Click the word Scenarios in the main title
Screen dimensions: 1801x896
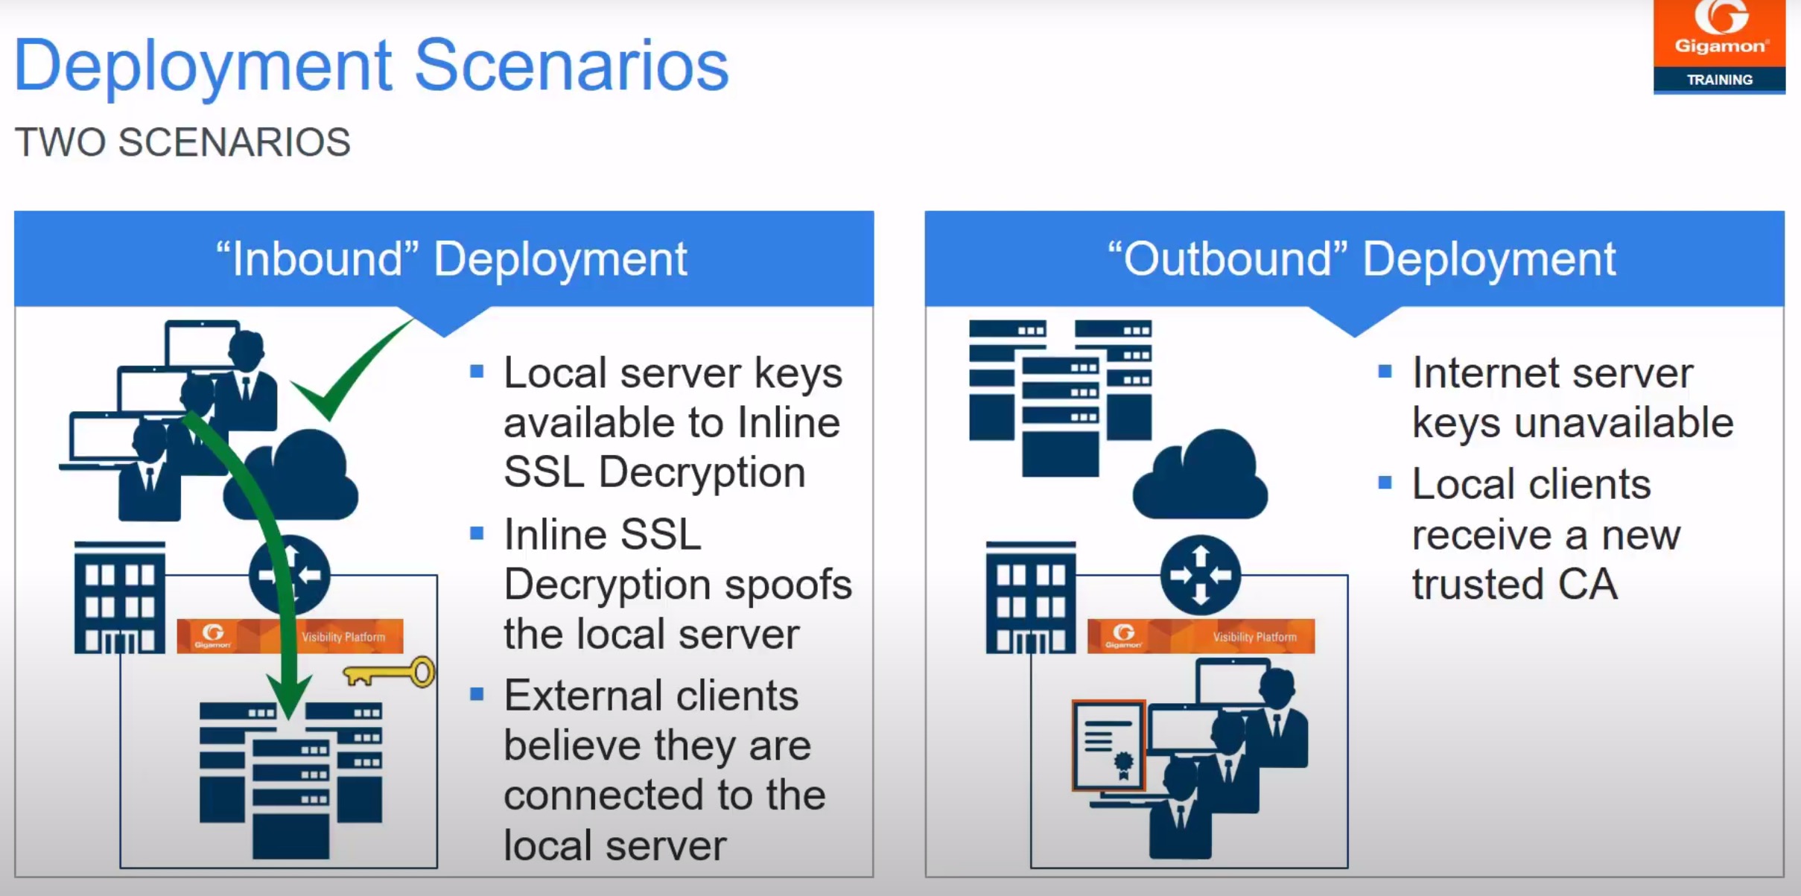(x=571, y=66)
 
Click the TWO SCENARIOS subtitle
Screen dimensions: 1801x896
(x=182, y=142)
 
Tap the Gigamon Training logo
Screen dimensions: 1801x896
(x=1718, y=46)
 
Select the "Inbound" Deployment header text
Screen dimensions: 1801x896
(x=451, y=259)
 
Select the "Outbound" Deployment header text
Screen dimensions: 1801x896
(x=1361, y=259)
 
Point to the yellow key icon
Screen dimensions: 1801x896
(x=390, y=673)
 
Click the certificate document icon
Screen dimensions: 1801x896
(x=1108, y=745)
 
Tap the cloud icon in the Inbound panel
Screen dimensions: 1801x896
(x=298, y=477)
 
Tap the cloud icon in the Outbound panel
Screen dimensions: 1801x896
(x=1201, y=477)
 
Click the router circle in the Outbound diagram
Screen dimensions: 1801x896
(x=1200, y=574)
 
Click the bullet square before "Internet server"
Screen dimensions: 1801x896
(x=1385, y=371)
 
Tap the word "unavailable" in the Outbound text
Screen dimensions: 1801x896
(x=1624, y=423)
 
